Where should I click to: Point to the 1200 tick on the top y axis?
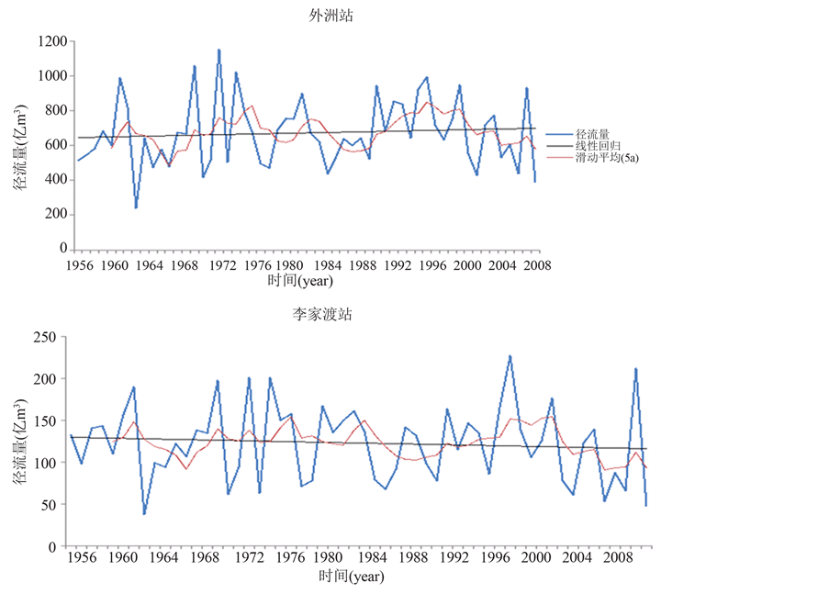52,41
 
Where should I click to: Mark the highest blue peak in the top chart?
218,50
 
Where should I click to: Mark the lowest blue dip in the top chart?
136,208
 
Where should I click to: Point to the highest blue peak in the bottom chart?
510,355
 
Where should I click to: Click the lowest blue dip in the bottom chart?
144,514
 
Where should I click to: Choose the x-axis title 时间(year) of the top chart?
300,280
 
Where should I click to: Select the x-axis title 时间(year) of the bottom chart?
352,577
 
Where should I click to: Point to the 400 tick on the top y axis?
55,180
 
